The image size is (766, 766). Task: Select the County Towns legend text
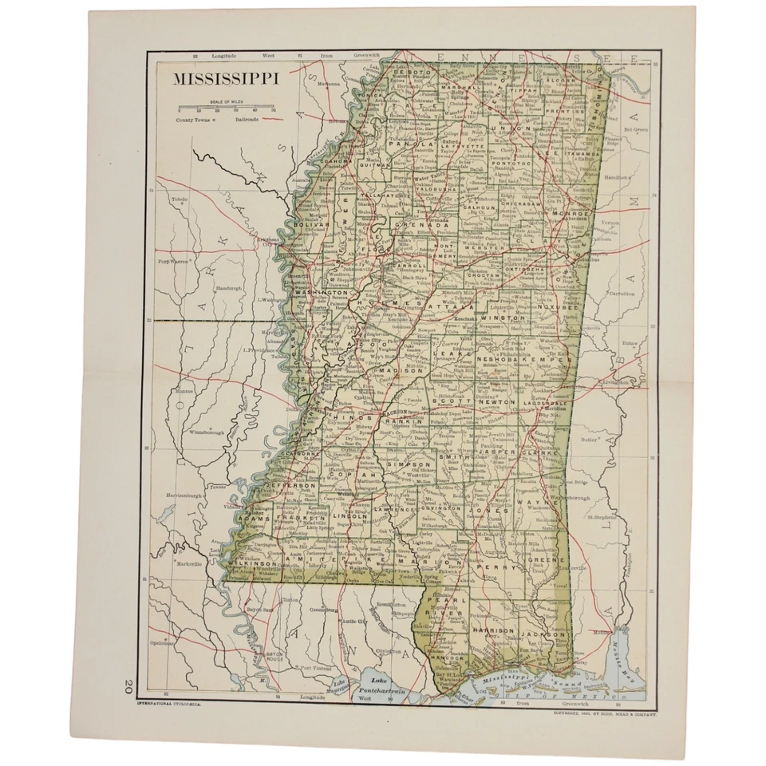(195, 119)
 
